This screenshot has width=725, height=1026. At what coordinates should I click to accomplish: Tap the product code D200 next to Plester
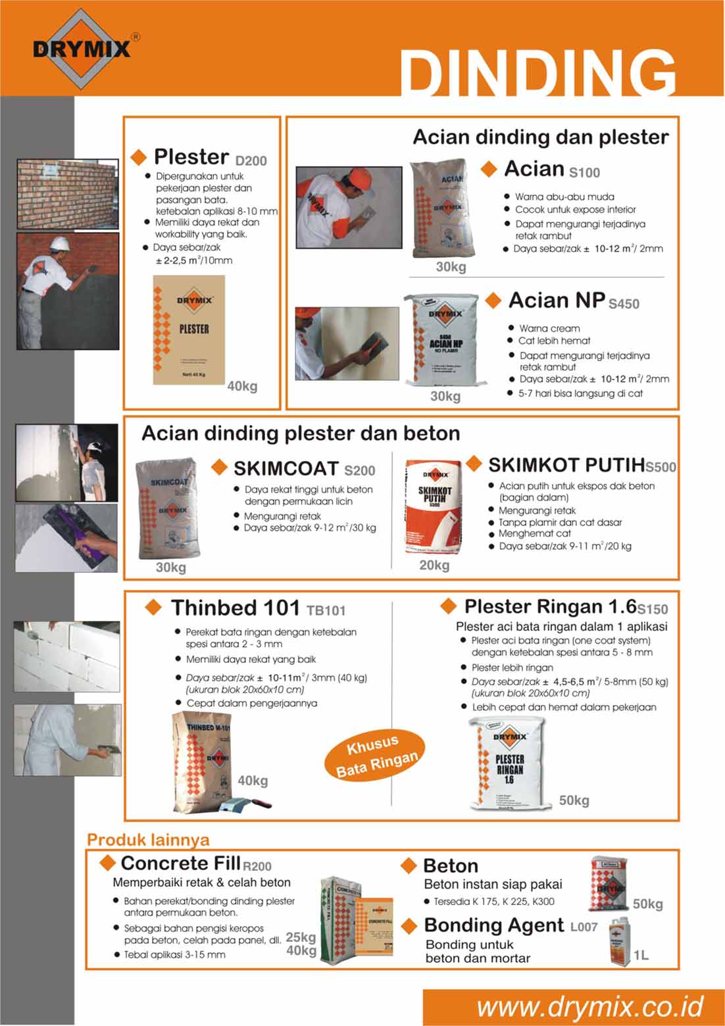point(251,160)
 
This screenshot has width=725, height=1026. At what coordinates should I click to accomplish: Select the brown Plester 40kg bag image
point(189,330)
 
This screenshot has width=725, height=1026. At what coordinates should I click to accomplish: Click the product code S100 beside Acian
point(584,173)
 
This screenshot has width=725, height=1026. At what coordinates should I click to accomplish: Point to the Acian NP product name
point(557,301)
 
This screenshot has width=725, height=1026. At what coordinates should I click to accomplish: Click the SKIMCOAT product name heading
point(286,468)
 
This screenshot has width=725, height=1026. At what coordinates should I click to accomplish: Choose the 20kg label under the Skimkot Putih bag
point(434,565)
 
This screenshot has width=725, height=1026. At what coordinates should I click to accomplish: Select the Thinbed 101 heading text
point(235,608)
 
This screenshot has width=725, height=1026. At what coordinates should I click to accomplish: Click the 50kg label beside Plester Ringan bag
point(574,800)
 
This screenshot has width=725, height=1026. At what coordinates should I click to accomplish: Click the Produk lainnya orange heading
point(148,840)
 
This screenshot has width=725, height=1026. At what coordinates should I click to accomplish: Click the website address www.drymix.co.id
point(589,1007)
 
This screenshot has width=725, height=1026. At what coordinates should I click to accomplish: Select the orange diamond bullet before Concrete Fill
point(107,862)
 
